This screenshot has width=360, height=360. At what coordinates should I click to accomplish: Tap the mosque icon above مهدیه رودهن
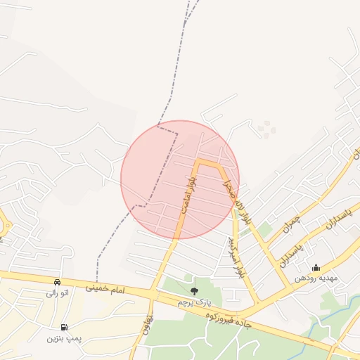(x=316, y=267)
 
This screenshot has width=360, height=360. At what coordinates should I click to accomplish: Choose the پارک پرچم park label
(x=194, y=302)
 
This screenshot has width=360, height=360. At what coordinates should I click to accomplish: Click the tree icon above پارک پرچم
(x=194, y=291)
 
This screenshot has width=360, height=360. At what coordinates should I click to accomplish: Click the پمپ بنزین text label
(x=65, y=337)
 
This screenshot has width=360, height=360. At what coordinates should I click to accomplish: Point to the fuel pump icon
(x=65, y=327)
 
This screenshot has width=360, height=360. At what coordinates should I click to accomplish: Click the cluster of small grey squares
(x=266, y=128)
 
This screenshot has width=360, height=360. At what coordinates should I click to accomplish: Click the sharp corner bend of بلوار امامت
(x=198, y=162)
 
